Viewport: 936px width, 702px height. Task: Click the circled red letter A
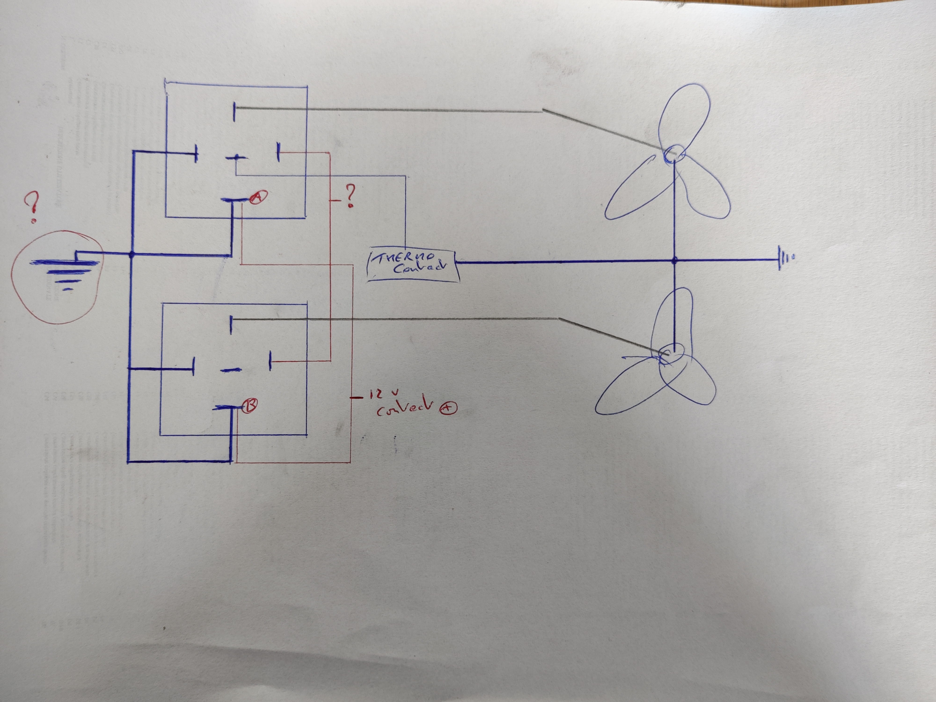[259, 197]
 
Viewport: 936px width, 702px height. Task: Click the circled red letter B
[250, 406]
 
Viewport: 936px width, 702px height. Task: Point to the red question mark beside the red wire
[350, 195]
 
